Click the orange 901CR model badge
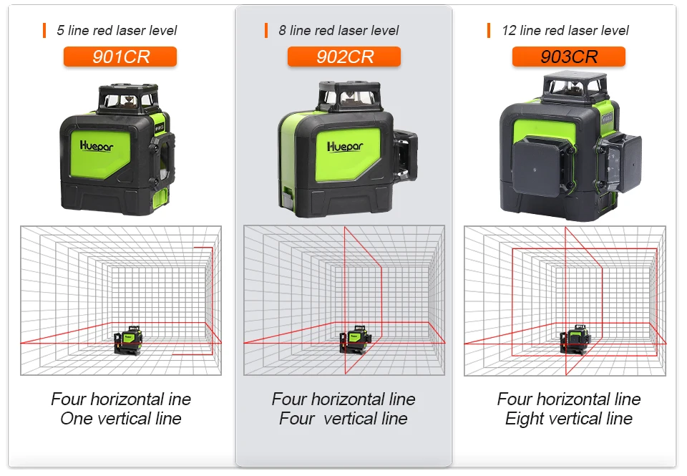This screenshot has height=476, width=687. [x=120, y=57]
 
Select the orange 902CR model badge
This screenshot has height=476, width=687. [x=344, y=57]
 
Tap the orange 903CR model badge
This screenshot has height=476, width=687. [x=568, y=57]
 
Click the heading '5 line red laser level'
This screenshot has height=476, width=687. [x=116, y=31]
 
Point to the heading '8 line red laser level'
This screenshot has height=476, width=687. [x=338, y=31]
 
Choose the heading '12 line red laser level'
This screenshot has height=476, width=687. [x=565, y=31]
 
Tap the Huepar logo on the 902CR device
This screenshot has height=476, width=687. [x=345, y=146]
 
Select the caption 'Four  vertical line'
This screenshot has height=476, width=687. [x=343, y=419]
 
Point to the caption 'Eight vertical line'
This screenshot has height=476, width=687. [x=569, y=419]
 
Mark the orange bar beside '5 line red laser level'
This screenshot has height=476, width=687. [x=44, y=31]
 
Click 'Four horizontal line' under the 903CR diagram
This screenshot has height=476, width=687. [x=569, y=399]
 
